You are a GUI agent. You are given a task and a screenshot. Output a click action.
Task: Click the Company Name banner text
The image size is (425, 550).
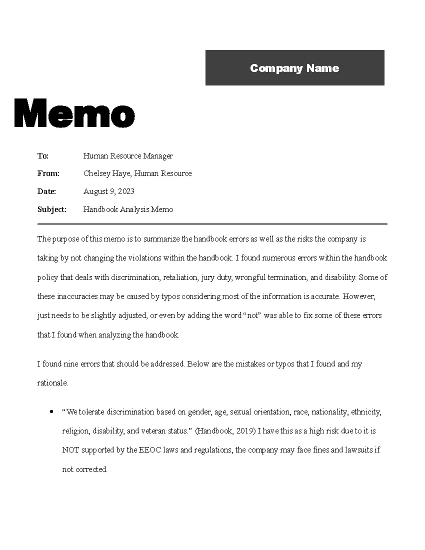(294, 68)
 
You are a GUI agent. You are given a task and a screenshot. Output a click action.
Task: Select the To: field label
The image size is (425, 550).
(43, 156)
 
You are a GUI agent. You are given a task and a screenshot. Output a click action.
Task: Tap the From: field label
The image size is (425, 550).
(48, 174)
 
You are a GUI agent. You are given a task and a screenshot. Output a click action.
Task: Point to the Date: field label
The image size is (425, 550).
(46, 192)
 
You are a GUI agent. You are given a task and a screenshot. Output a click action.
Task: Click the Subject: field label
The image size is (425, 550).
(52, 210)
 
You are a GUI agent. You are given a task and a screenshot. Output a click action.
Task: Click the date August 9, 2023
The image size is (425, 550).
(109, 192)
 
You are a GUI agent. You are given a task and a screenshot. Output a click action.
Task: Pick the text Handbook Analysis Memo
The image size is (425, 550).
(128, 210)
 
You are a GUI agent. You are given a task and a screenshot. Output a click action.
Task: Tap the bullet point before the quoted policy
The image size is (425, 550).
(52, 412)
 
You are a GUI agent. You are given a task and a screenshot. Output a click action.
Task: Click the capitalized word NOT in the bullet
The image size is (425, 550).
(71, 450)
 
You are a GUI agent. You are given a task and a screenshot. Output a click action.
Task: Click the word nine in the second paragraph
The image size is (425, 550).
(71, 364)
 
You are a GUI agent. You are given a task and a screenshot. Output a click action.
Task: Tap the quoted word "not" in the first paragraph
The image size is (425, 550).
(253, 316)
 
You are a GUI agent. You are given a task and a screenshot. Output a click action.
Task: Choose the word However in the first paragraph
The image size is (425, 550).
(358, 296)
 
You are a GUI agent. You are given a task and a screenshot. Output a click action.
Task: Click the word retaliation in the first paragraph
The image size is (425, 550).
(180, 277)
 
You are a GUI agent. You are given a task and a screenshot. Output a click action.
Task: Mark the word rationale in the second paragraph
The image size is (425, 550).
(52, 383)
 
